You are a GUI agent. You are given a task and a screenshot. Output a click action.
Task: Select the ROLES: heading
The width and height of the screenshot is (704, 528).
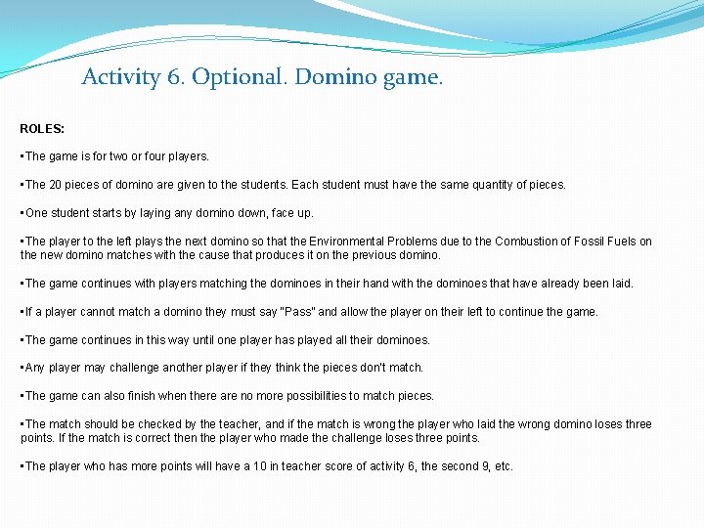pyautogui.click(x=42, y=128)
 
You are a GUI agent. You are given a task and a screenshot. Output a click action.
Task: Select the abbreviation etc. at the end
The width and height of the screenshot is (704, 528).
pyautogui.click(x=501, y=466)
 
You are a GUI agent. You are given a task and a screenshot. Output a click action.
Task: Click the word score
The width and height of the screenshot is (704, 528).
pyautogui.click(x=332, y=466)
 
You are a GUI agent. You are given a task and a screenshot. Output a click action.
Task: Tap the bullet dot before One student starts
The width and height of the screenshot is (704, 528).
pyautogui.click(x=22, y=213)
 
